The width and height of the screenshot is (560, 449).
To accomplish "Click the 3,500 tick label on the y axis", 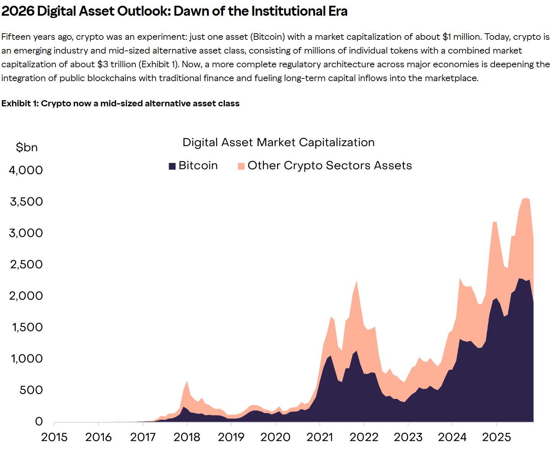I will pos(26,202).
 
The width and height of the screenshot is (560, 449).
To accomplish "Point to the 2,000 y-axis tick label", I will pos(26,296).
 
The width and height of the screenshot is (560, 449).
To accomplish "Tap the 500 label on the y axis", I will pos(31,390).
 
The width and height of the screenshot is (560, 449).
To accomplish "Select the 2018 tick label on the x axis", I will pos(187,437).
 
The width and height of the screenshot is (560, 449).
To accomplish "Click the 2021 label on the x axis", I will pos(319,437).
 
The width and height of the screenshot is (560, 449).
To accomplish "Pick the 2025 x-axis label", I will pos(496,437).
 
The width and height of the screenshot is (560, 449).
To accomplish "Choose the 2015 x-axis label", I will pos(54,437).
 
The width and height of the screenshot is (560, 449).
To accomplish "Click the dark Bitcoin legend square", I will pos(172,166).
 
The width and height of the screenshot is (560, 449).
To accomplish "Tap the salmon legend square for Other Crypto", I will pos(241,166).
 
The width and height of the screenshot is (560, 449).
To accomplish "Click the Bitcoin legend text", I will pos(198,165).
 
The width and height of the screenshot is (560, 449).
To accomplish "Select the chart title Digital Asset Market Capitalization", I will pos(278,142).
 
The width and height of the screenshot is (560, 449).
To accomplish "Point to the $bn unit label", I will pos(27,147).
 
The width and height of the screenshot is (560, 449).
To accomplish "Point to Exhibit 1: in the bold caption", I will pos(20,103).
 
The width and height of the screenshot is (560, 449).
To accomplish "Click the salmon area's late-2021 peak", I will pos(357,282).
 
